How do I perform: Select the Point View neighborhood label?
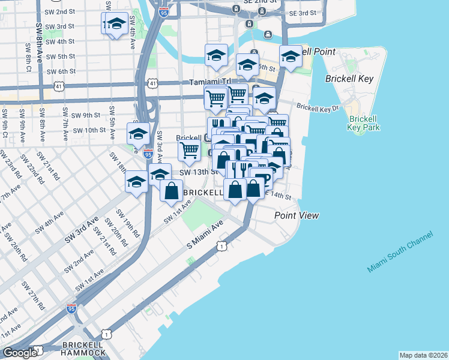tap(297, 215)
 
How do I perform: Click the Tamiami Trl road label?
tap(210, 82)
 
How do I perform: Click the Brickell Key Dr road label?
tap(318, 109)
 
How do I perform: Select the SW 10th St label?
tap(89, 130)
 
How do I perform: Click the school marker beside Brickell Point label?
tap(291, 57)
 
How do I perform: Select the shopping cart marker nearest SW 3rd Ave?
tap(190, 150)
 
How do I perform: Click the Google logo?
tap(20, 353)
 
